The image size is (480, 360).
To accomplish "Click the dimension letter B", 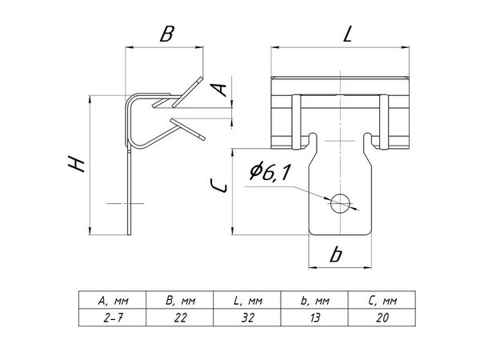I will (x=166, y=35).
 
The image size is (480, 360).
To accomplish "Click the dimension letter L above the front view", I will (x=346, y=34).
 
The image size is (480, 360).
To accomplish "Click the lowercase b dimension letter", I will (x=336, y=255).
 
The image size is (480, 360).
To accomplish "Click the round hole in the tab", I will (x=342, y=202).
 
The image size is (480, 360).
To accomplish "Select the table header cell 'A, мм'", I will (x=112, y=301).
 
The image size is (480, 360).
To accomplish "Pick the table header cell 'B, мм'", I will (x=180, y=301).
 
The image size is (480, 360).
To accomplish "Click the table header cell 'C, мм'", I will (x=382, y=301).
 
